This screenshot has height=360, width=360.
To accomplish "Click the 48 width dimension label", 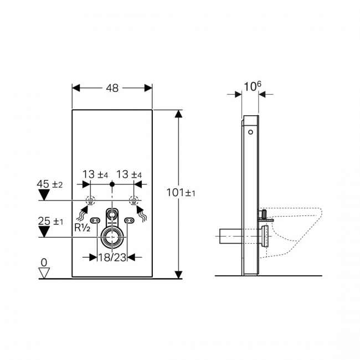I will click(112, 88).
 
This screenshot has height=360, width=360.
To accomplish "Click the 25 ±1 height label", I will click(51, 221).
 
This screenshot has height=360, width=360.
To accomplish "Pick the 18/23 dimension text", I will click(112, 256).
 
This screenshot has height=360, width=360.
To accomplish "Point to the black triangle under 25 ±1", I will click(44, 232).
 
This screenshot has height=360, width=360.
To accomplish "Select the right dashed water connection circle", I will click(133, 200).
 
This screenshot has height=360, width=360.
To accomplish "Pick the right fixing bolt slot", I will click(130, 220).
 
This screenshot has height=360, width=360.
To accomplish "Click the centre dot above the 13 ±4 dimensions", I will click(112, 183).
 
